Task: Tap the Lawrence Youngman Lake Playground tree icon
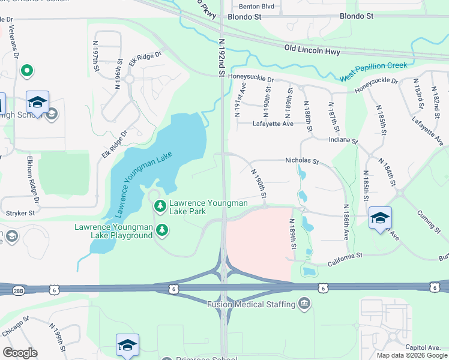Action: (x=161, y=229)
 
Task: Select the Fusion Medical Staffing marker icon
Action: (x=305, y=304)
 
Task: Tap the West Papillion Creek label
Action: (x=373, y=71)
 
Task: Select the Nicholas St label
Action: (x=301, y=161)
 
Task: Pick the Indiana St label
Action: (x=343, y=140)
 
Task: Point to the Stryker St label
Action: (x=19, y=212)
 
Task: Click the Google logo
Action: (x=20, y=353)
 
